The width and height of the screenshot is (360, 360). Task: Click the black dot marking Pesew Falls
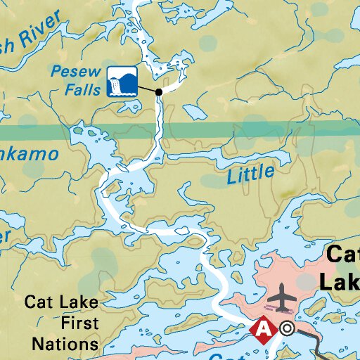click(159, 92)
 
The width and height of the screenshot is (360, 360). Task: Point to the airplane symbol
click(283, 297)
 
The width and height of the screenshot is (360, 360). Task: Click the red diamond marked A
click(264, 328)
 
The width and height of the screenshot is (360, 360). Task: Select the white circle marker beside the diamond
click(286, 328)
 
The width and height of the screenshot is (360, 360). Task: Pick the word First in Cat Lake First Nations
click(80, 323)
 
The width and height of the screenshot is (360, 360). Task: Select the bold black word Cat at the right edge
click(342, 255)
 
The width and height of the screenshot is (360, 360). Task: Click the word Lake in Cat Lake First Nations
click(81, 303)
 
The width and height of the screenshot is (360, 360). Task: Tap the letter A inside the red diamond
click(264, 328)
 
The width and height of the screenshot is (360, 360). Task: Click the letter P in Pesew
click(55, 71)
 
